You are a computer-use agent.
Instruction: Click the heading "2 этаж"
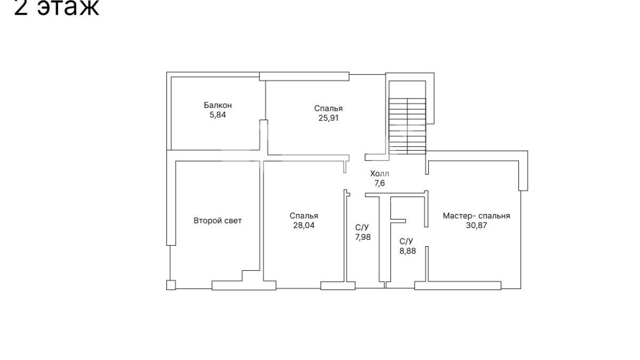[x=56, y=7]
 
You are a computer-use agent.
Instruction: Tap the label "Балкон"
[x=218, y=105]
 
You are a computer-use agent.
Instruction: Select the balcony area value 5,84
[x=218, y=115]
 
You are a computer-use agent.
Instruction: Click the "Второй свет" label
[x=218, y=221]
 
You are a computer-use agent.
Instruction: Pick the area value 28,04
[x=304, y=226]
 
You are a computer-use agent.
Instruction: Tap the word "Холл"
[x=380, y=173]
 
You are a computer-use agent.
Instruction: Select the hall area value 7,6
[x=380, y=183]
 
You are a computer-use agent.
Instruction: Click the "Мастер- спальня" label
[x=476, y=216]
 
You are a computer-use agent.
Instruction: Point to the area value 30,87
[x=476, y=226]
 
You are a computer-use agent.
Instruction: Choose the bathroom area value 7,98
[x=363, y=237]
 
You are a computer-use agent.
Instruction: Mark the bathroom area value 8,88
[x=408, y=251]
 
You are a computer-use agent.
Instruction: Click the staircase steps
[x=408, y=126]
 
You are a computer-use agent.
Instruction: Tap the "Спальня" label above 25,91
[x=328, y=108]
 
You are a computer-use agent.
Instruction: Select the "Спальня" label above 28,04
[x=304, y=216]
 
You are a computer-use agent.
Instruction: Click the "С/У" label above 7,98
[x=362, y=228]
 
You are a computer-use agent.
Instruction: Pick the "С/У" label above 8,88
[x=406, y=241]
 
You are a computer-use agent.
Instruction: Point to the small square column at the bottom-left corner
[x=171, y=285]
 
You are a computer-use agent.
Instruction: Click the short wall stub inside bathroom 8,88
[x=398, y=221]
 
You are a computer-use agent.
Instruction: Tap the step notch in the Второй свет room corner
[x=242, y=276]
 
